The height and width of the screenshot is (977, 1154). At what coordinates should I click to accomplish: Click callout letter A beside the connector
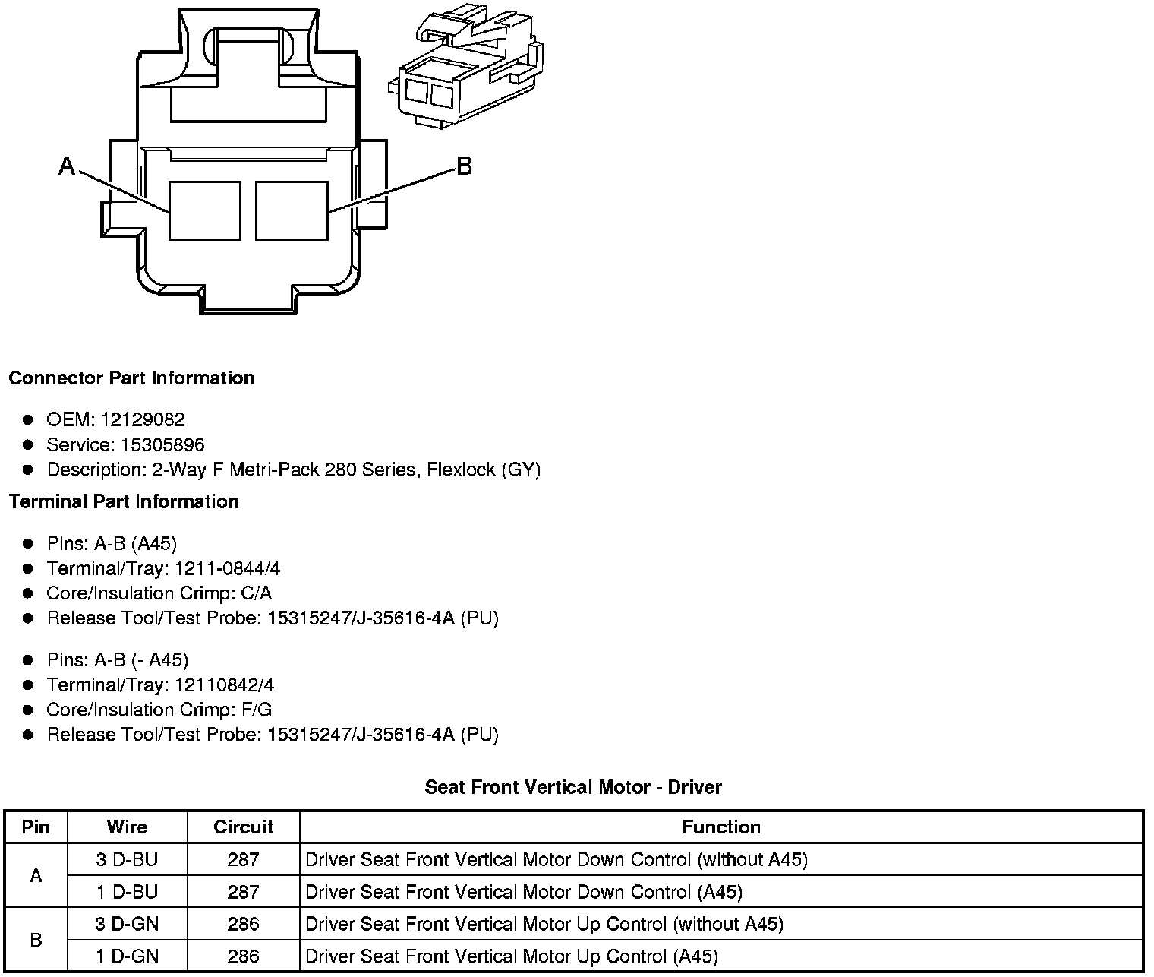click(68, 166)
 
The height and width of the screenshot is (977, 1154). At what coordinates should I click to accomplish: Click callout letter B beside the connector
click(464, 166)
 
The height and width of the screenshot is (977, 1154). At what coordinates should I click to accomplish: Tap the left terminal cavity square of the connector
click(204, 210)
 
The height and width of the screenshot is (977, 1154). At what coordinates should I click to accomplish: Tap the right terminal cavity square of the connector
click(292, 210)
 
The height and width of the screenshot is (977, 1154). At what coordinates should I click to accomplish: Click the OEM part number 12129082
click(143, 420)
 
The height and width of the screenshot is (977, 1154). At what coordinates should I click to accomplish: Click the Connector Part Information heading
click(131, 378)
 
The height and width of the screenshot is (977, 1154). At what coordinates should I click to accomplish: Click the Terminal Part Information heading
click(124, 502)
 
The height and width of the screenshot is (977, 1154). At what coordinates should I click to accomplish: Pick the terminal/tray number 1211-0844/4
click(227, 569)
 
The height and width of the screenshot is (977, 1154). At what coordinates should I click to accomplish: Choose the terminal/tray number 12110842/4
click(224, 685)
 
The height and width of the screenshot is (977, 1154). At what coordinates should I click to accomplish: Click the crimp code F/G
click(256, 710)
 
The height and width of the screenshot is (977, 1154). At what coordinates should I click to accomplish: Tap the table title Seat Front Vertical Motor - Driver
click(573, 788)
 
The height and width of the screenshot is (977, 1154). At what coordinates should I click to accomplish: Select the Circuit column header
click(243, 827)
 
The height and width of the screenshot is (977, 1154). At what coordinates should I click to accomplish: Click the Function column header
click(720, 827)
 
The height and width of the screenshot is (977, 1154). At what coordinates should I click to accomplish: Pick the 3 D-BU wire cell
click(127, 860)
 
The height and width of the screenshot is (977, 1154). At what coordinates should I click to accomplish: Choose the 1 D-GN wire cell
click(127, 956)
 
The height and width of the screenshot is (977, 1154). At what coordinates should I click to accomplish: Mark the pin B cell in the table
click(36, 941)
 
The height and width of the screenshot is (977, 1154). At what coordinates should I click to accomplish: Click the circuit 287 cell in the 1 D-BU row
click(243, 892)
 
